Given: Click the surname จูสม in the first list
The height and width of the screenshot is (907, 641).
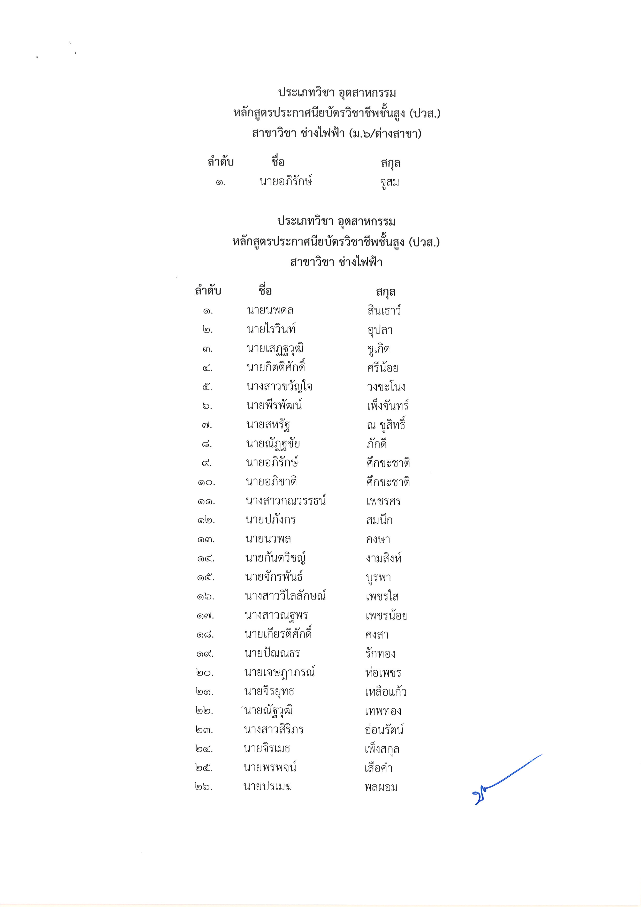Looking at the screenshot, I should point(390,183).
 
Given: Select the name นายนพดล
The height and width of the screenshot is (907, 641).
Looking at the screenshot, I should point(270,311).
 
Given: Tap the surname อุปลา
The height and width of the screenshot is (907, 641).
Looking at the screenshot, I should point(380,330).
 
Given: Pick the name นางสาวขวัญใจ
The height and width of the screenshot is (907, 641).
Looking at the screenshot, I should point(279,387).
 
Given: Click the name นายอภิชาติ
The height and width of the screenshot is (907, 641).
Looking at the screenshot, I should point(271,482).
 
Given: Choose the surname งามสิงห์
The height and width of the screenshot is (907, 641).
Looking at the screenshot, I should point(384,558).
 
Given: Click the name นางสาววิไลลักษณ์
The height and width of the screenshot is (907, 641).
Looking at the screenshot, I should point(285,596).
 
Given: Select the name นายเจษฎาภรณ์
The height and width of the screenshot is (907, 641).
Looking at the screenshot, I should point(279,673).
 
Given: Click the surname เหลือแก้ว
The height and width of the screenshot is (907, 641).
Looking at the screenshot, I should point(386,692).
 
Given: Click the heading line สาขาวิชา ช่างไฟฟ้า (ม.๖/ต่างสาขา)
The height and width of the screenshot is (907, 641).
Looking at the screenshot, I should point(337,133).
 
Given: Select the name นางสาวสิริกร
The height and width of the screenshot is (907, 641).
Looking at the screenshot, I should point(273,730).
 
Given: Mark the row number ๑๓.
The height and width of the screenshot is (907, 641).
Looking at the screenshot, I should point(206,539).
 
